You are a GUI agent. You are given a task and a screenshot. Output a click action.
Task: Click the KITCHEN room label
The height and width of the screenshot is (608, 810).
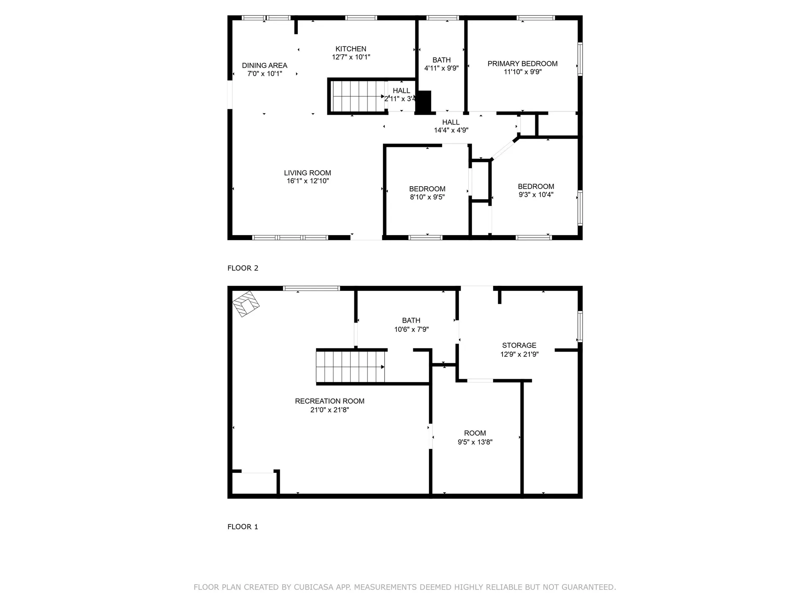351,49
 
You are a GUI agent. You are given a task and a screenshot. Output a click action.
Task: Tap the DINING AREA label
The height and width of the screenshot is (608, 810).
265,65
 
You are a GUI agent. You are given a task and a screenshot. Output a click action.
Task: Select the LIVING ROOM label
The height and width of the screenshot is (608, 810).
308,173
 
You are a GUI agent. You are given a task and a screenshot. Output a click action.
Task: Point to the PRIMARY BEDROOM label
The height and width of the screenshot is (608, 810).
522,64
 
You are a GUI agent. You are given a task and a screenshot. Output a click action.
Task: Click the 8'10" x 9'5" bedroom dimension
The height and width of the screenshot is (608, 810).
427,197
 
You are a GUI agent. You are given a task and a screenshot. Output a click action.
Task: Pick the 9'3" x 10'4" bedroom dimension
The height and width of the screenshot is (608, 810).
536,195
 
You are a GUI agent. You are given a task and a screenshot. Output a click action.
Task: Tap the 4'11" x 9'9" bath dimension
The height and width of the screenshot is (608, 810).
441,68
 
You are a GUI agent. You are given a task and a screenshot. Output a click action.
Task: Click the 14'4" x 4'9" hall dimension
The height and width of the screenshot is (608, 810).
451,130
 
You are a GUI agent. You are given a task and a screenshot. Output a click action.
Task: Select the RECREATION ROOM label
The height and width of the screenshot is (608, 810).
329,401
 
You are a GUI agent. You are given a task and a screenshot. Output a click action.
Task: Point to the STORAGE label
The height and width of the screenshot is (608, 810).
519,345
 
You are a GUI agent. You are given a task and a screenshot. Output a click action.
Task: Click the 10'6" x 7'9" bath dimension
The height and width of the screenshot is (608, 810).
411,329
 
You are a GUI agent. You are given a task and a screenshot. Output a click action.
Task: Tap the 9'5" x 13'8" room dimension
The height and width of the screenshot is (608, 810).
475,442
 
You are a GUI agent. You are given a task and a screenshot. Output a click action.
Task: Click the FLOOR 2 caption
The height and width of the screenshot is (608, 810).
243,268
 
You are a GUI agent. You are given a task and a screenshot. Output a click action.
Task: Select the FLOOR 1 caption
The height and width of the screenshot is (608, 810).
243,527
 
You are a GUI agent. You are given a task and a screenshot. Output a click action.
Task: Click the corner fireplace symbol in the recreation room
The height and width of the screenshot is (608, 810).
246,304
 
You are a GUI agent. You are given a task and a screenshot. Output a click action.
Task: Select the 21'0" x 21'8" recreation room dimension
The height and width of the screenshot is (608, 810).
329,410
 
